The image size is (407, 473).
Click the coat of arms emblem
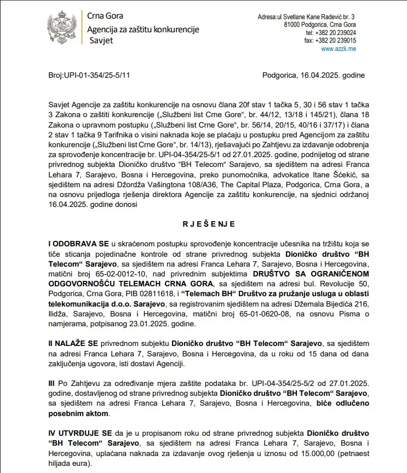point(61,30)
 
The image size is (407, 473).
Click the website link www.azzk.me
point(339,49)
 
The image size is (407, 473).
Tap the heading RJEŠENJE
point(209,224)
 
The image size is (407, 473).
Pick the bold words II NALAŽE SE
point(74,343)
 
